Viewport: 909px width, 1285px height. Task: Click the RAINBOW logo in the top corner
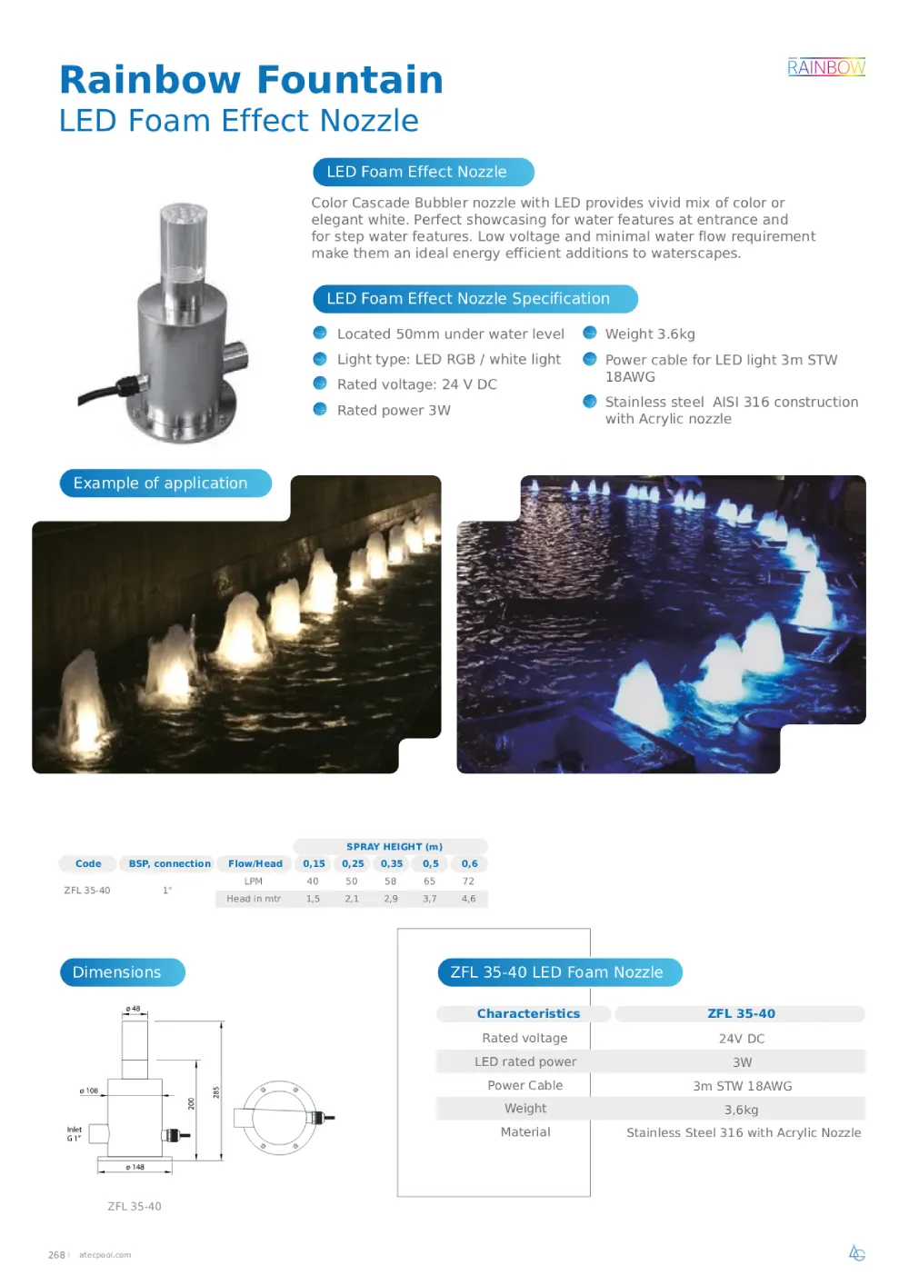825,67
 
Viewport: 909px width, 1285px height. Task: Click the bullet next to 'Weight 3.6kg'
590,334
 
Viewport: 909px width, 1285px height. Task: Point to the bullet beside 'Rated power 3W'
320,410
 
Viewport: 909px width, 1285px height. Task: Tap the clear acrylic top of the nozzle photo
183,241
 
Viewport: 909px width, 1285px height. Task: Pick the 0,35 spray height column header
392,864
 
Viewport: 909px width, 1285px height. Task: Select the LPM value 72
468,882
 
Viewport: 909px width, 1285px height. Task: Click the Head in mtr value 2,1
352,899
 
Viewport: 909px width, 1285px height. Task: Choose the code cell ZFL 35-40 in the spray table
87,891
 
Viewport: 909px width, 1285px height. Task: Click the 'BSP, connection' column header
169,864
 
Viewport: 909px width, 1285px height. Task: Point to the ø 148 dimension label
135,1167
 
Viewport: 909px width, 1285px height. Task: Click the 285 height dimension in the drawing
216,1091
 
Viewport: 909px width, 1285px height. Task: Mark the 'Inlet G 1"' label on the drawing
74,1133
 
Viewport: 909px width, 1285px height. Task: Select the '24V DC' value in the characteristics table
741,1039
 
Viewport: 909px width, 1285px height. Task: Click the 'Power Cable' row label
524,1085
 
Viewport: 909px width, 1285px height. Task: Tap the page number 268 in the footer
56,1255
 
